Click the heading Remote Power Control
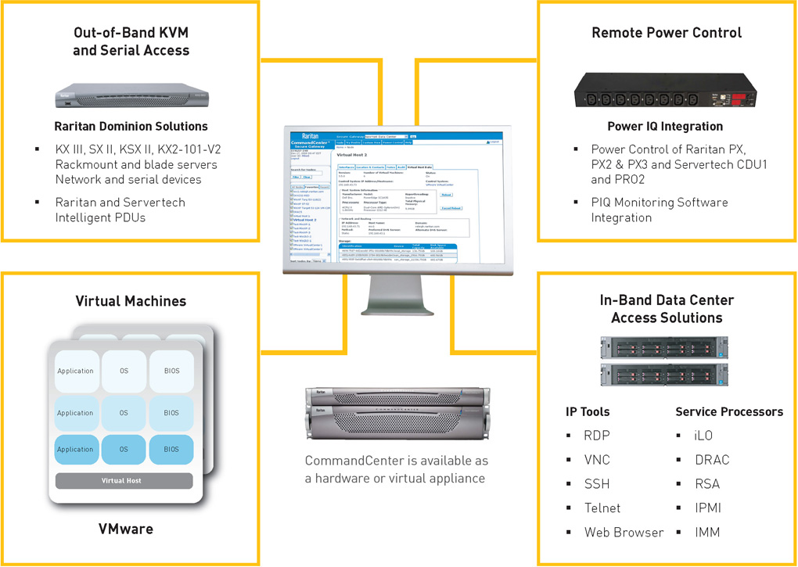[667, 33]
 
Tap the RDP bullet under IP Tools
[596, 436]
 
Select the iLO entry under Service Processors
[703, 436]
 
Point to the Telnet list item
[602, 508]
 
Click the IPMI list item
[707, 508]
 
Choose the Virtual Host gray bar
[123, 480]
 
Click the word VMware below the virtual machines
[125, 529]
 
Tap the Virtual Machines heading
[131, 301]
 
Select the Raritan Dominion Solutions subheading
[131, 126]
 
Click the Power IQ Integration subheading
[665, 126]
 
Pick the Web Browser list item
[624, 533]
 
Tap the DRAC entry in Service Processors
[706, 460]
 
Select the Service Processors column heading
[728, 412]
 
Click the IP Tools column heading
[588, 412]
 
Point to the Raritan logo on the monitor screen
[307, 135]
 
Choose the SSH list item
[596, 484]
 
